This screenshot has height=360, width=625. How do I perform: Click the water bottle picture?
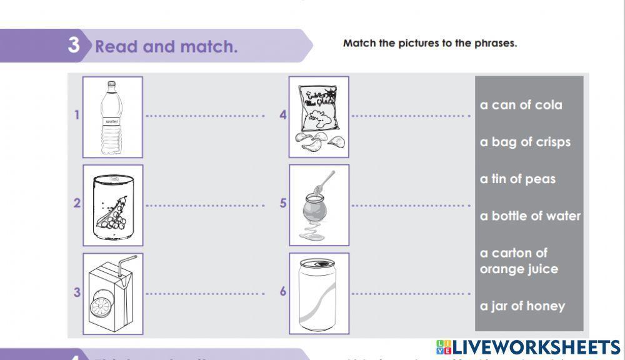[x=112, y=117]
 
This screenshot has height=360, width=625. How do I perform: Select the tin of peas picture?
[x=112, y=206]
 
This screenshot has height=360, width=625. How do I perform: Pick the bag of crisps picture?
[x=319, y=117]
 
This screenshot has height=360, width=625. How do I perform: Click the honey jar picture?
[x=319, y=205]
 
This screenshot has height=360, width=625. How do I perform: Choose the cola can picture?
[x=319, y=293]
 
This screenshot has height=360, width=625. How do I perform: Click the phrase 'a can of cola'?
[x=521, y=105]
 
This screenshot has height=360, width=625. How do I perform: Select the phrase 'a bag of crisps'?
[x=525, y=142]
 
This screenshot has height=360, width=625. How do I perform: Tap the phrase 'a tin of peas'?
[x=517, y=179]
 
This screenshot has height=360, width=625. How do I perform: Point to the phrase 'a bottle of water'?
[x=530, y=216]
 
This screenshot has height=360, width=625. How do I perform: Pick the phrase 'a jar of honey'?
[x=522, y=306]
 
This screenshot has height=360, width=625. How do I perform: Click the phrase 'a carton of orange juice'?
[x=519, y=261]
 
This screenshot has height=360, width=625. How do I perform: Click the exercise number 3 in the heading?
[x=75, y=46]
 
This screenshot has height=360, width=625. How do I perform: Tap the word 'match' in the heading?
[x=210, y=47]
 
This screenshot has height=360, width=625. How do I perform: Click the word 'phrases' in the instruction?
[x=496, y=44]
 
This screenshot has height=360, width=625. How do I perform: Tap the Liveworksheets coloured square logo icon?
[x=443, y=347]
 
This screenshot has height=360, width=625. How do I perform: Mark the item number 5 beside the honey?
[x=283, y=203]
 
